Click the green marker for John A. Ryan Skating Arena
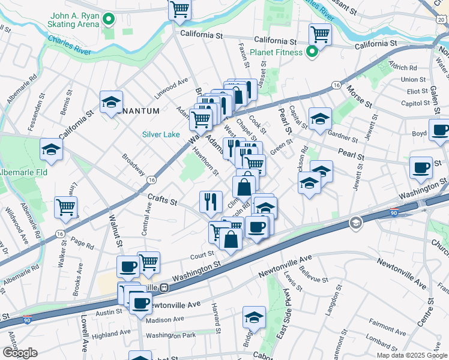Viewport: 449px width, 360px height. pos(109,20)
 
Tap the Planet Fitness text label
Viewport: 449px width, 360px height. pos(277,53)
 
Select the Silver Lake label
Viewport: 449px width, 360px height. pos(161,134)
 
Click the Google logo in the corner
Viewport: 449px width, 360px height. pos(19,353)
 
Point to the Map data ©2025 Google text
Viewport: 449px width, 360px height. pos(411,355)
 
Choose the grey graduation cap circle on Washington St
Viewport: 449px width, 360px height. pos(356,223)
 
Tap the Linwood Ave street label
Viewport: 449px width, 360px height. pos(172,91)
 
